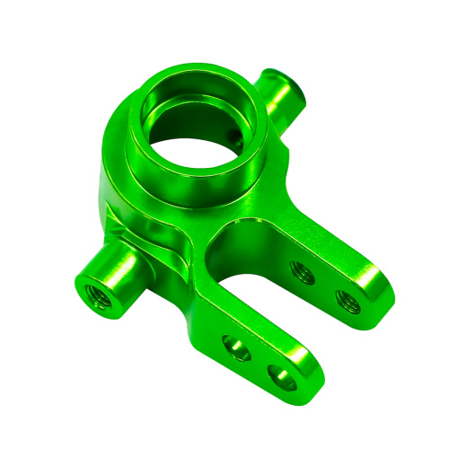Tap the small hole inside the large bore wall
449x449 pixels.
click(235, 136)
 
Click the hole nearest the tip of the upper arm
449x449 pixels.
click(347, 300)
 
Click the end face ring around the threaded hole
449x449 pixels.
click(83, 286)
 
